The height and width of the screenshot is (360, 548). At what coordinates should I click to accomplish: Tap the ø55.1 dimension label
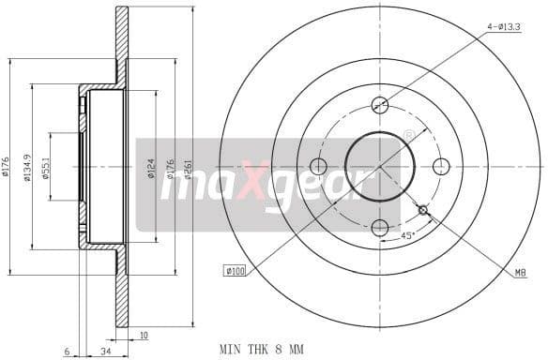(x=43, y=169)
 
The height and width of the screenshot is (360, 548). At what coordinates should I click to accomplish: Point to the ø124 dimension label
(x=150, y=170)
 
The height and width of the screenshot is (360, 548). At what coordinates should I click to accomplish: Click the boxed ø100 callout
(x=235, y=271)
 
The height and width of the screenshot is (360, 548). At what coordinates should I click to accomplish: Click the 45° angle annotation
(x=408, y=236)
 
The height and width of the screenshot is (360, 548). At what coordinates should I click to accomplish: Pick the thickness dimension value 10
(x=144, y=333)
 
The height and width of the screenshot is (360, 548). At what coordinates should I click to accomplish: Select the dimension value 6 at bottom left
(x=68, y=351)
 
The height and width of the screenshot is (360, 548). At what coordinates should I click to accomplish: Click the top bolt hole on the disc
(x=380, y=105)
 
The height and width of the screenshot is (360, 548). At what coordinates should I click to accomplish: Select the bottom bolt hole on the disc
(x=380, y=228)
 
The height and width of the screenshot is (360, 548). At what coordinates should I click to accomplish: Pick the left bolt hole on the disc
(x=318, y=166)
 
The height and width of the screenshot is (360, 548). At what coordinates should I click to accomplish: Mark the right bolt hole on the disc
(x=442, y=166)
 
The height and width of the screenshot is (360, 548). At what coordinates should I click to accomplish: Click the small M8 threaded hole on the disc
(x=423, y=209)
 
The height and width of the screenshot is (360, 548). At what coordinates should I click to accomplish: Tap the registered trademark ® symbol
(x=409, y=136)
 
